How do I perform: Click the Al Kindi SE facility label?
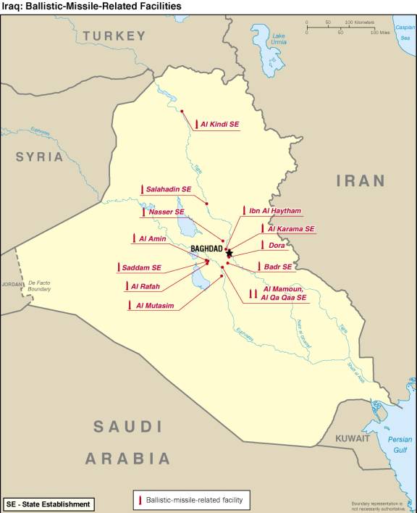click(x=219, y=125)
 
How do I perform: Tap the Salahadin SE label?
click(x=168, y=189)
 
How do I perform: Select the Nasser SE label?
click(x=167, y=212)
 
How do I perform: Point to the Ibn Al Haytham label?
click(x=274, y=211)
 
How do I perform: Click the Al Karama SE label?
click(x=291, y=229)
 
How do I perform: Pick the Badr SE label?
click(x=278, y=267)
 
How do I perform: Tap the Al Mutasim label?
click(x=155, y=306)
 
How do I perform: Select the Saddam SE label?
click(x=141, y=268)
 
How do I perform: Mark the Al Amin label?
click(x=152, y=239)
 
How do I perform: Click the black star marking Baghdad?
click(x=229, y=253)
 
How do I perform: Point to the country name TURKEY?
click(x=114, y=36)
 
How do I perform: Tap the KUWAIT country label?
click(x=353, y=438)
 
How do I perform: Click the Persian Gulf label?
click(x=400, y=444)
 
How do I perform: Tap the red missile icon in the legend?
click(x=138, y=500)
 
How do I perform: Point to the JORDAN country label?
click(x=12, y=284)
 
